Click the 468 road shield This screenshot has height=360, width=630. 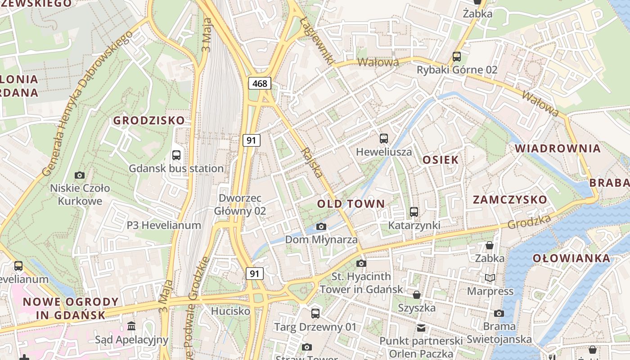tap(260, 83)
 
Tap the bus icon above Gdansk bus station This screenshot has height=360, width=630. tap(176, 155)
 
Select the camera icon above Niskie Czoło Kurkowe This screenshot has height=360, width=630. tap(80, 175)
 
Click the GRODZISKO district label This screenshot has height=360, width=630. tap(148, 121)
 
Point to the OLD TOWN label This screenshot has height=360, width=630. tap(351, 204)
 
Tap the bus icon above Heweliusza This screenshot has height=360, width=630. tap(383, 139)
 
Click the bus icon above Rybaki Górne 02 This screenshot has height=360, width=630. tap(457, 57)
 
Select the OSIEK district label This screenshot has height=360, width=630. tap(441, 160)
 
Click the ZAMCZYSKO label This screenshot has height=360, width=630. tap(510, 200)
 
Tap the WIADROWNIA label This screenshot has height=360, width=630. tap(558, 148)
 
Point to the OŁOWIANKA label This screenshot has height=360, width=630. tap(571, 258)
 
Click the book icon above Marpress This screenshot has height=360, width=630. tap(490, 278)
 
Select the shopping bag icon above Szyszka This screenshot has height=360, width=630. tap(417, 295)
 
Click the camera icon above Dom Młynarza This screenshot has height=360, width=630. tap(321, 226)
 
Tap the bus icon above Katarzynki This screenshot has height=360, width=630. tap(414, 211)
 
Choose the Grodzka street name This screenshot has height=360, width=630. tap(529, 222)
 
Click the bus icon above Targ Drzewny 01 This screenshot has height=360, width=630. tap(315, 313)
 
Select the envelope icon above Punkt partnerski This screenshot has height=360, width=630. tap(421, 328)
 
